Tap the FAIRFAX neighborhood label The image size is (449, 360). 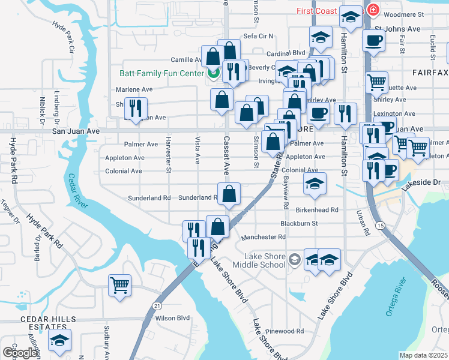click(430, 72)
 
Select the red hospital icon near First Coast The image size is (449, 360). click(373, 10)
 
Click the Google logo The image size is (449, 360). click(20, 353)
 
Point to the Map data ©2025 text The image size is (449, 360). click(424, 355)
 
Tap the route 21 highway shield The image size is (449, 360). click(157, 305)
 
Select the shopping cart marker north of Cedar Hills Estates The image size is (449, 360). click(120, 284)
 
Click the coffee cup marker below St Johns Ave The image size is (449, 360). click(373, 41)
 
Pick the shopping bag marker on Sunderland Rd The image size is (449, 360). click(229, 193)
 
